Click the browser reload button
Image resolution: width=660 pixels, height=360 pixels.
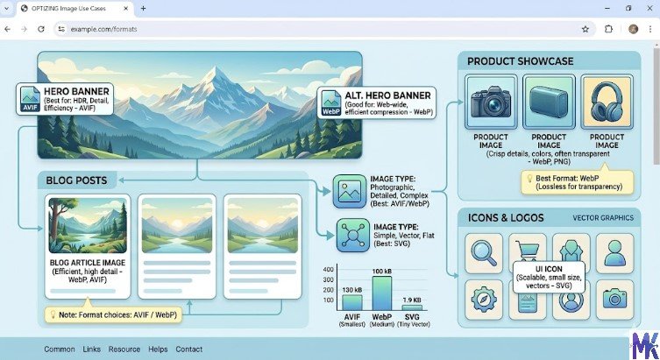tap(41, 29)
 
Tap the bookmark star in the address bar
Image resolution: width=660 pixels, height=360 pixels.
tap(585, 29)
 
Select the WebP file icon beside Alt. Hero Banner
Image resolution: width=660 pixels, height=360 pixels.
tap(331, 102)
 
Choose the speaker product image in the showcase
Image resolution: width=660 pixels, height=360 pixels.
tap(548, 102)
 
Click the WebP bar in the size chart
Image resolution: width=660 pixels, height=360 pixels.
tap(381, 293)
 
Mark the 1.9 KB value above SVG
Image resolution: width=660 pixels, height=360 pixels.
tap(412, 300)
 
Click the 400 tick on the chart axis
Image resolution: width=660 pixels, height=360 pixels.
tap(329, 269)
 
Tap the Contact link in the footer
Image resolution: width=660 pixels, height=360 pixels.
tap(188, 349)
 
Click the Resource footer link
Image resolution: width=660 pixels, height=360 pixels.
tap(124, 349)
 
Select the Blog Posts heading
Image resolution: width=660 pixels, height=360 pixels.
tap(77, 180)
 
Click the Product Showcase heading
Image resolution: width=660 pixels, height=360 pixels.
tap(521, 61)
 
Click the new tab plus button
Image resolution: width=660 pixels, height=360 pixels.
tap(143, 9)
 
